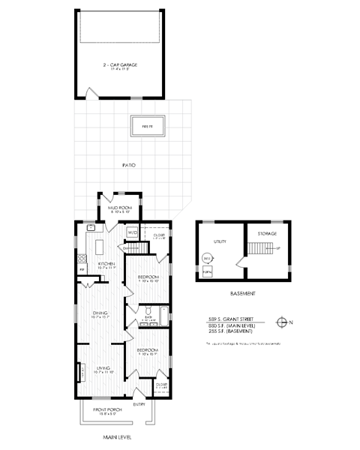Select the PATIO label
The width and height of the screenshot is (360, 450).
click(128, 165)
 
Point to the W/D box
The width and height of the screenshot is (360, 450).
click(133, 233)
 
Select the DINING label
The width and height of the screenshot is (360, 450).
click(99, 313)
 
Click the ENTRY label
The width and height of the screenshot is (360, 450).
click(139, 404)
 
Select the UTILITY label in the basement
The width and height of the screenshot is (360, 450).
click(220, 242)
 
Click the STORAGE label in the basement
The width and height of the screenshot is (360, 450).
click(268, 233)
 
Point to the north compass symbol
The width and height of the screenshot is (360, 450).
click(283, 321)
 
